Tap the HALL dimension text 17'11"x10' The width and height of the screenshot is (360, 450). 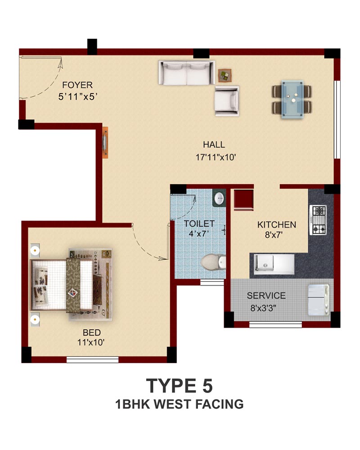pos(216,157)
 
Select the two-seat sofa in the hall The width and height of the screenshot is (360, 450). pos(187,72)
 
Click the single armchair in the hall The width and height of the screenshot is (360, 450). pos(227,101)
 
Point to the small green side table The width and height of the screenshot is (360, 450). pos(225,76)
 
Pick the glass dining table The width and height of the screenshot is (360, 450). pos(292,99)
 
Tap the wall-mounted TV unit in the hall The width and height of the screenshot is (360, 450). pos(105,143)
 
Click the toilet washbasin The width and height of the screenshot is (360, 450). pos(219,198)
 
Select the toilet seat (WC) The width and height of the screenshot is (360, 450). pos(213,262)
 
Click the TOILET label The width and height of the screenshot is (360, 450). pos(199,224)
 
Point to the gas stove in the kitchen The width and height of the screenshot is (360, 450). pos(318,220)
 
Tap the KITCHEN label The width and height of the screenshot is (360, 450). pos(276,225)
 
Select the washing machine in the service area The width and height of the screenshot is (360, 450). pos(318,300)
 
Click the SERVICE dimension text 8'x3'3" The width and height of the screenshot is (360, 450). pos(263,308)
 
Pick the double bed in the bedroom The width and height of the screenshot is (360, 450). pos(71,284)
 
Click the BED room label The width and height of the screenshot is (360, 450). pos(92,333)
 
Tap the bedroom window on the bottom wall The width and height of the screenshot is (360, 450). pos(92,360)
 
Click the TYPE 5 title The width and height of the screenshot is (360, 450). pos(180,386)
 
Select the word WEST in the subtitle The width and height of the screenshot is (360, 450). pos(173,404)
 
